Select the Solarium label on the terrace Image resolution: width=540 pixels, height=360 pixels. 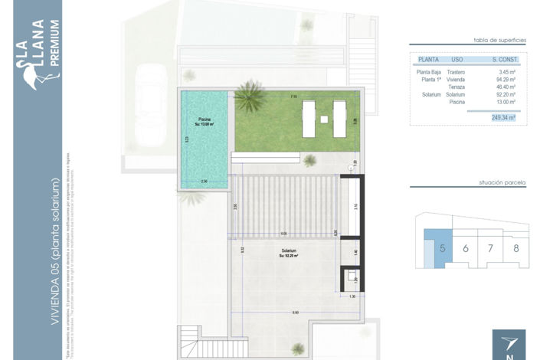coord(288,252)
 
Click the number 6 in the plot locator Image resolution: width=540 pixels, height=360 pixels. coord(465,248)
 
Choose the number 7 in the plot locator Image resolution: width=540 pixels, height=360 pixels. coord(491,248)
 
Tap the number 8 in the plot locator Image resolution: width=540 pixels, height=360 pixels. coord(516,248)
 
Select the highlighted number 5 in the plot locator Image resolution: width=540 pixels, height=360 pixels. coord(442,248)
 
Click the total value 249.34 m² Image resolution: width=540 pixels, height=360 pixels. coord(502,118)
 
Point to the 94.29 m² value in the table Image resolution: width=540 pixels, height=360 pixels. coord(506,79)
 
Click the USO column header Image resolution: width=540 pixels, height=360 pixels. coord(457,59)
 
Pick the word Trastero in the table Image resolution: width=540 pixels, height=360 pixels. coord(457,72)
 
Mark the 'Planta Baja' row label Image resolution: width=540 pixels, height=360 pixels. coord(428,72)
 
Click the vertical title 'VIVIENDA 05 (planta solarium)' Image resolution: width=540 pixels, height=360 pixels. coord(54,253)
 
